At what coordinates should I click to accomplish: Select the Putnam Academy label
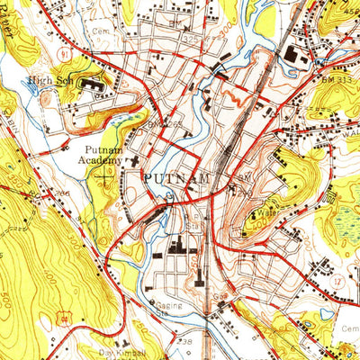point(103,155)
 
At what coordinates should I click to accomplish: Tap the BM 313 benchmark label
point(335,80)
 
